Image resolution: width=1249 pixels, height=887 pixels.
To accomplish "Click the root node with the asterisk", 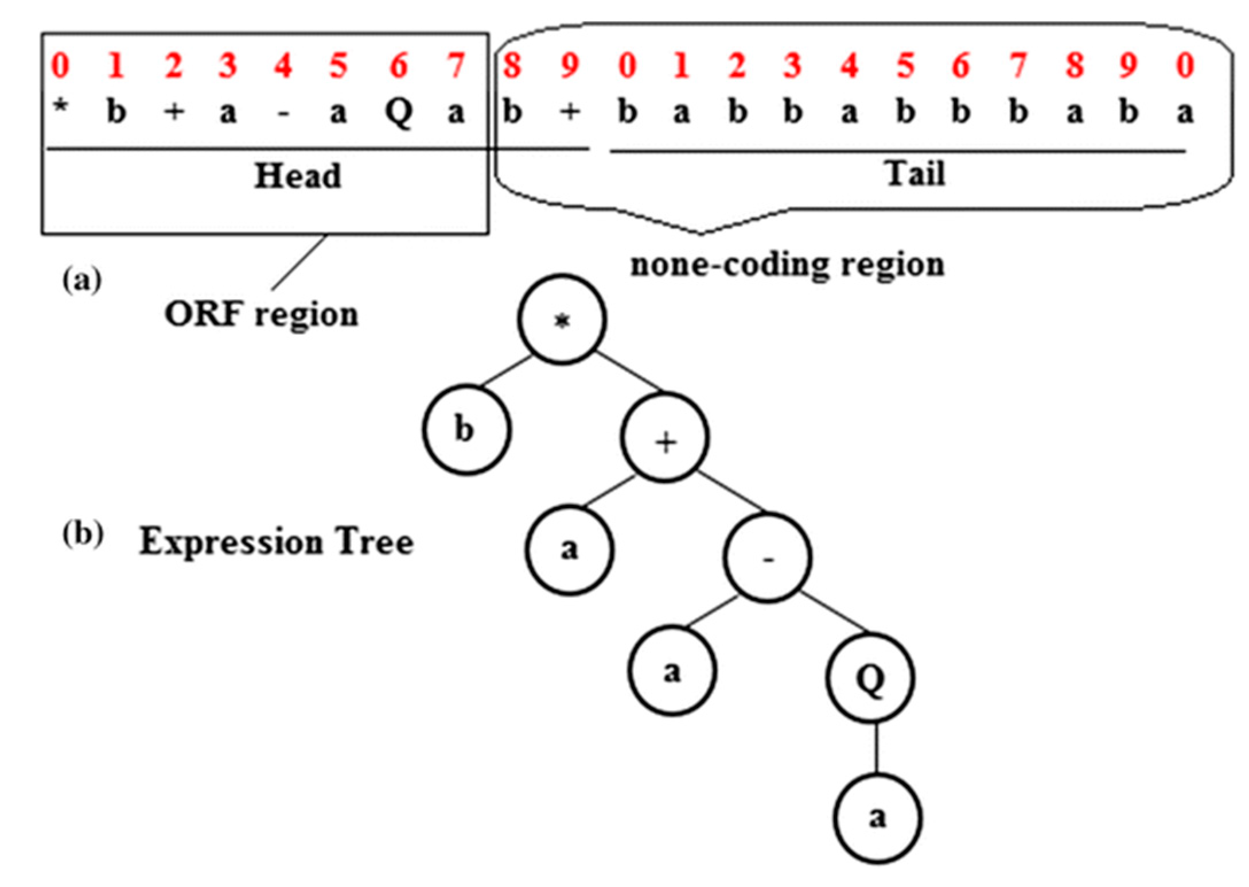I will (562, 319).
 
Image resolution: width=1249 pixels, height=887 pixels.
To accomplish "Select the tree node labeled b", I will (466, 430).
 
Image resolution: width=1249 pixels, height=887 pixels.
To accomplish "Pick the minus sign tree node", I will (768, 557).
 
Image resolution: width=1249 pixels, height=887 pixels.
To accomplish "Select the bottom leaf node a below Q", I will (877, 818).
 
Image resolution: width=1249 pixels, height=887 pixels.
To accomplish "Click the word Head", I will (298, 176).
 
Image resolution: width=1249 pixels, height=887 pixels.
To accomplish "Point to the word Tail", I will (914, 173).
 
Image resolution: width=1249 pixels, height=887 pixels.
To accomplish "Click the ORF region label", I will (261, 315).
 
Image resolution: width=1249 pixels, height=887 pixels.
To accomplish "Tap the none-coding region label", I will (787, 265).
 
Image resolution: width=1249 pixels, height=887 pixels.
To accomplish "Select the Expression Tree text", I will (276, 541).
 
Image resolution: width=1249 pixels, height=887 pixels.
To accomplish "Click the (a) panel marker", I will (81, 280).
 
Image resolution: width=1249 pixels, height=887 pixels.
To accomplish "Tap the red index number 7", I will (456, 65).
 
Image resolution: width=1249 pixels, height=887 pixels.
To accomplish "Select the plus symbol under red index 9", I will (569, 111).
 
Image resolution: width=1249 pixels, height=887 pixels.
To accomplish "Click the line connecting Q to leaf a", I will (876, 748).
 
